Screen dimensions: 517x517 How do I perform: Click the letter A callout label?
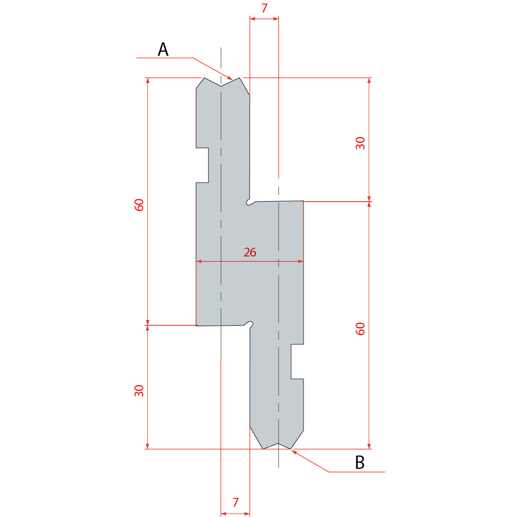coord(163,50)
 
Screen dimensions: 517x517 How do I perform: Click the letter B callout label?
coord(360,462)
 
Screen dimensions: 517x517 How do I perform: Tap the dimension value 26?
coord(250,252)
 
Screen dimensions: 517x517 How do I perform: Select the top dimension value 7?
coord(264,8)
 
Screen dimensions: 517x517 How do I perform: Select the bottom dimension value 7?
coord(235,502)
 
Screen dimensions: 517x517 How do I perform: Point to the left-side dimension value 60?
coord(139,205)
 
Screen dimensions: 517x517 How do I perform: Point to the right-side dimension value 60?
coord(360,329)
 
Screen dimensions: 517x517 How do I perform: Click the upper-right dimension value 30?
coord(360,143)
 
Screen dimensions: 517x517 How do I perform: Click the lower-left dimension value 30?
coord(139,391)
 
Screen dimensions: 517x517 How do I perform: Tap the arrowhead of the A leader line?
coord(230,78)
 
